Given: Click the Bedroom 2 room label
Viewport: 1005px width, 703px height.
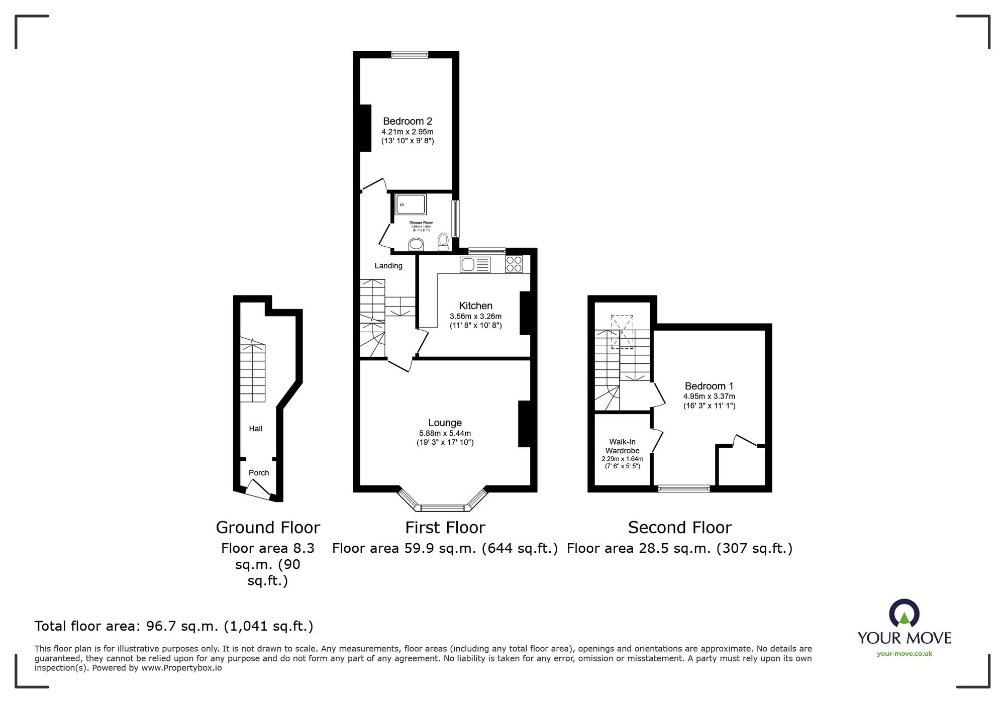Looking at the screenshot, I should click(407, 121).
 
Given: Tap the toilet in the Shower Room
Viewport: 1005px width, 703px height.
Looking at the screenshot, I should click(443, 241).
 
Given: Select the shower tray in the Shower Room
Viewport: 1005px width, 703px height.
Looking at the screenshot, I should click(411, 205).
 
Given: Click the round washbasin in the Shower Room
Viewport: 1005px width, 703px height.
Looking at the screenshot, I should click(416, 245).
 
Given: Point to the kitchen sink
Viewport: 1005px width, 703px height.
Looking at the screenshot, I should click(474, 265).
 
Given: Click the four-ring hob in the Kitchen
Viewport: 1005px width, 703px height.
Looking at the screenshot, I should click(514, 264).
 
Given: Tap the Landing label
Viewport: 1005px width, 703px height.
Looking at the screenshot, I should click(388, 266).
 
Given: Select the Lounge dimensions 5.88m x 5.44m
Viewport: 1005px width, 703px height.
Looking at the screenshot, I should click(445, 433).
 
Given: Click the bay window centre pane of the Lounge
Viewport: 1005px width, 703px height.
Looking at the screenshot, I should click(442, 508).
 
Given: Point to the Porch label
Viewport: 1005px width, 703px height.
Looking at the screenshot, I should click(259, 473).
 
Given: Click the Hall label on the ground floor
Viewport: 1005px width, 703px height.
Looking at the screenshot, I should click(256, 429).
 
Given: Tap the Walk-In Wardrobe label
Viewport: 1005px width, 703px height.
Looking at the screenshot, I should click(622, 446).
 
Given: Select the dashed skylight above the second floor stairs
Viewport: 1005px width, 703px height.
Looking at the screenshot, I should click(622, 332).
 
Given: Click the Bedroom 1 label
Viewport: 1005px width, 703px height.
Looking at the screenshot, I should click(709, 386).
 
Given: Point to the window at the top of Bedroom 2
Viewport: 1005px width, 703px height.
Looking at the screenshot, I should click(410, 55).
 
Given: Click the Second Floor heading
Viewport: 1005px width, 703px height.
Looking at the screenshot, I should click(679, 528).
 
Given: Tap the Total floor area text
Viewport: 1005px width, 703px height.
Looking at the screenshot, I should click(174, 626).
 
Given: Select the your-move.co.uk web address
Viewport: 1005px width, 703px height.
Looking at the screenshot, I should click(904, 654).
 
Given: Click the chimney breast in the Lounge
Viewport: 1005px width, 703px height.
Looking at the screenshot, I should click(524, 424).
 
